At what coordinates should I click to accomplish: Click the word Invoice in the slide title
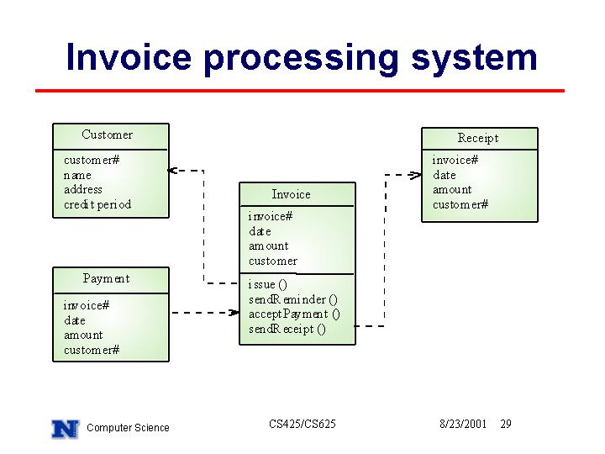(129, 57)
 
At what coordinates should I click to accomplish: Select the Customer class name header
(108, 135)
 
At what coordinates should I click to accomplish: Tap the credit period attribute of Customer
(97, 204)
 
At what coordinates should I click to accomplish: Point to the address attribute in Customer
(83, 189)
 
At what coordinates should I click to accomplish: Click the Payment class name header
(106, 279)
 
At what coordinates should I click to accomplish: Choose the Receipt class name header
(478, 138)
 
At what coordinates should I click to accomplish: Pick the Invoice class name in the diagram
(291, 194)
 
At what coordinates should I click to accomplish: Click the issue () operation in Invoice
(268, 284)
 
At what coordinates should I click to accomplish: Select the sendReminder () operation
(293, 299)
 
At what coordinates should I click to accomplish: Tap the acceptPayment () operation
(294, 314)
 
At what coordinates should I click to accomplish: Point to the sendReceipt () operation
(287, 330)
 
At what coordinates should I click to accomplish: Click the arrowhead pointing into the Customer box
(172, 170)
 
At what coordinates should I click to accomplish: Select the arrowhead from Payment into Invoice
(234, 312)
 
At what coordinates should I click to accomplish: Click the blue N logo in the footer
(66, 429)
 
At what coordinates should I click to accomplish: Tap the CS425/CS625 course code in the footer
(302, 424)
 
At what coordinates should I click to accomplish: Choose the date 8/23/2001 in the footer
(463, 424)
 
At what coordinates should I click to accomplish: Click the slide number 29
(506, 424)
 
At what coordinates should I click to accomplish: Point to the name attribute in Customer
(77, 176)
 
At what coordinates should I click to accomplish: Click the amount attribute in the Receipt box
(452, 189)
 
